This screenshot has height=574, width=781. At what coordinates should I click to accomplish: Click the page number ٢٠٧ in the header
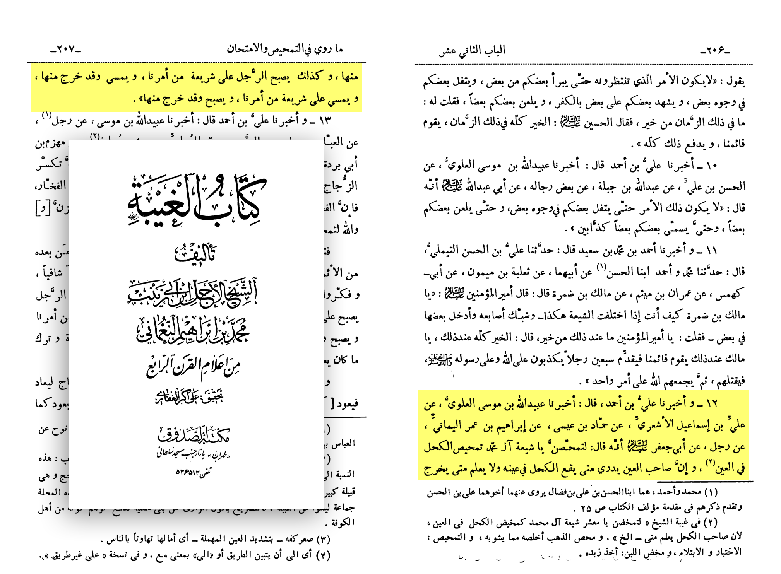[x=66, y=50]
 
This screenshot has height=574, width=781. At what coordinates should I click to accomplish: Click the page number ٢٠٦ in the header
[x=715, y=50]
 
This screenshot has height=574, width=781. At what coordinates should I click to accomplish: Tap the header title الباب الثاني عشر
[x=473, y=51]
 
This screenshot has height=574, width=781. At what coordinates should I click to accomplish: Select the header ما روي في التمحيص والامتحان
[x=285, y=49]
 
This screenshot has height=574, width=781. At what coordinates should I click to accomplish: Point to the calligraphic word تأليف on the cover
[x=196, y=253]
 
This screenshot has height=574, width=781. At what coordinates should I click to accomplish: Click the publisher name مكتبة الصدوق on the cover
[x=194, y=435]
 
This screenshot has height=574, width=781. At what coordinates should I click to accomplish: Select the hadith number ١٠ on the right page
[x=711, y=166]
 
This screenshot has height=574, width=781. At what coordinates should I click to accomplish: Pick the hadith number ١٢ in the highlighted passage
[x=711, y=403]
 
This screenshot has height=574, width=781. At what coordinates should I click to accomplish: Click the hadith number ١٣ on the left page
[x=325, y=120]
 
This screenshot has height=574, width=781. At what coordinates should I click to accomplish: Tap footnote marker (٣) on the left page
[x=323, y=539]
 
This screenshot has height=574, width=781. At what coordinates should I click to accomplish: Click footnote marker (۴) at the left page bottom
[x=323, y=555]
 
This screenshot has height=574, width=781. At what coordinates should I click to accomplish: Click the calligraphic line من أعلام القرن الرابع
[x=194, y=367]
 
